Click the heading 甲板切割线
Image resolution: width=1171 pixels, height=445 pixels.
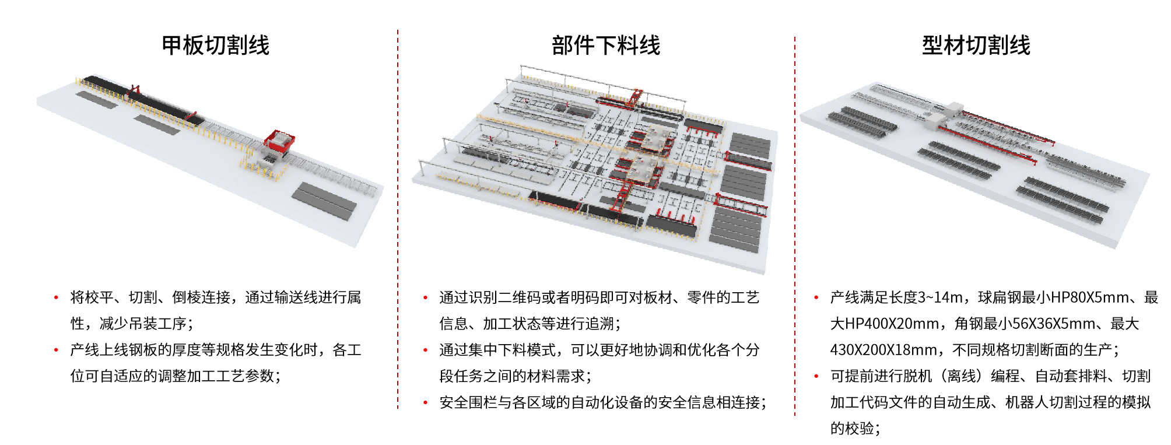pyautogui.click(x=216, y=45)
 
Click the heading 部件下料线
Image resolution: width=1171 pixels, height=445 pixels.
pyautogui.click(x=606, y=45)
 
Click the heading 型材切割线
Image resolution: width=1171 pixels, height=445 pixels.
pyautogui.click(x=976, y=45)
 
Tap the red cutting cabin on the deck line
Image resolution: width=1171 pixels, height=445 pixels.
pyautogui.click(x=279, y=141)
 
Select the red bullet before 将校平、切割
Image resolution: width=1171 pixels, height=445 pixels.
pyautogui.click(x=56, y=297)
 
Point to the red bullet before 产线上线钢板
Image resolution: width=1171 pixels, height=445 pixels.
pyautogui.click(x=56, y=350)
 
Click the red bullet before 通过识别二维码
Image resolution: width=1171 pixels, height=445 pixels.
pyautogui.click(x=426, y=297)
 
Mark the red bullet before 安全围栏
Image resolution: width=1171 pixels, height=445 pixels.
pyautogui.click(x=426, y=402)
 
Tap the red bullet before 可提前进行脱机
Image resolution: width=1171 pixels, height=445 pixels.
pyautogui.click(x=816, y=376)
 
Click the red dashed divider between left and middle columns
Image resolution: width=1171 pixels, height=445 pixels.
pyautogui.click(x=398, y=219)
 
